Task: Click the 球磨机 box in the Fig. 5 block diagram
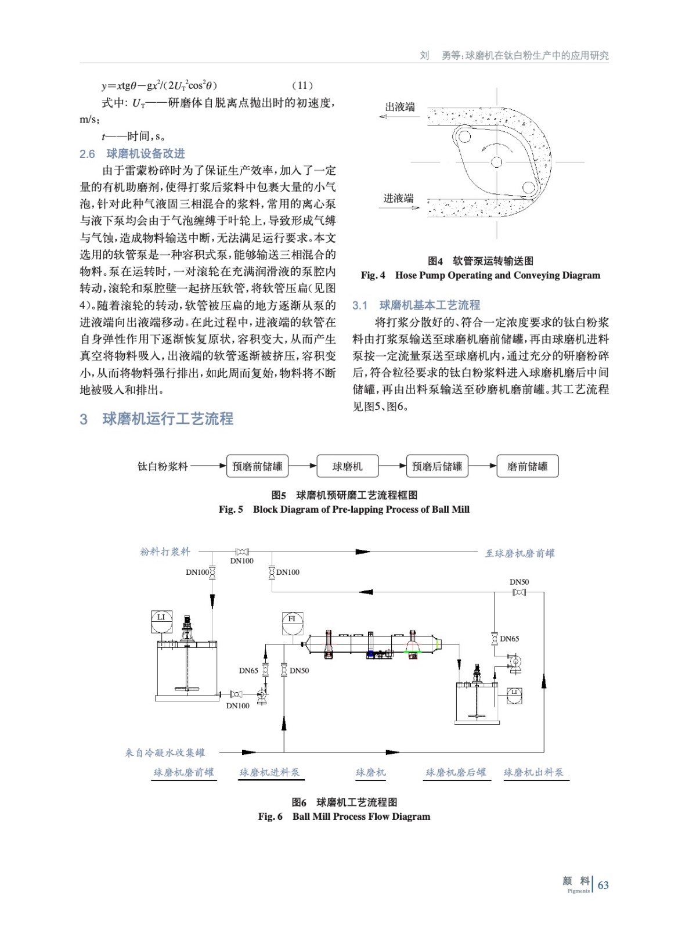pos(347,466)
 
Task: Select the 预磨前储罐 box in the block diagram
pos(257,466)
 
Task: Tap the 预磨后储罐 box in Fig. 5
pos(437,466)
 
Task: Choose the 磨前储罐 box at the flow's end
pos(527,466)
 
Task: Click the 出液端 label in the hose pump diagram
pos(400,107)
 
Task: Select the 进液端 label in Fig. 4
pos(398,199)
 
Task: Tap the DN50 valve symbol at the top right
pos(520,592)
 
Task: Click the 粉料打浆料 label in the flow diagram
pos(165,552)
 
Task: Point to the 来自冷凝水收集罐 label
pos(165,753)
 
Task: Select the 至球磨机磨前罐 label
pos(520,553)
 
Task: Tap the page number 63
pos(603,885)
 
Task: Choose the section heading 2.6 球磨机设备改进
pos(132,154)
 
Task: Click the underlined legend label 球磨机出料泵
pos(533,773)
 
